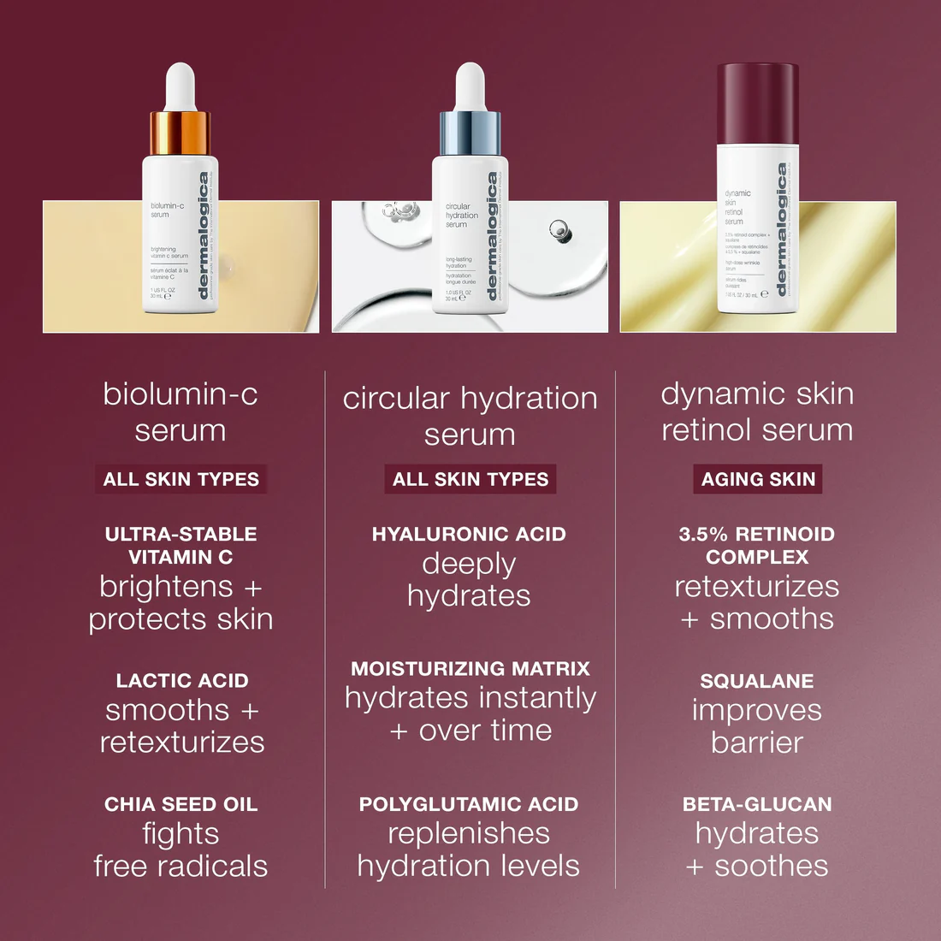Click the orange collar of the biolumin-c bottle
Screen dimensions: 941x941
point(180,133)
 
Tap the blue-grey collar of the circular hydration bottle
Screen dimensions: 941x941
point(470,133)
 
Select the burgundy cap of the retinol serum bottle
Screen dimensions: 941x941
point(757,103)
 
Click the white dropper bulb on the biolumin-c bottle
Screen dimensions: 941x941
point(180,86)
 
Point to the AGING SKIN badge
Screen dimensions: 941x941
point(758,479)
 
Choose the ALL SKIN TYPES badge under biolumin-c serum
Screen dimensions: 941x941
point(181,479)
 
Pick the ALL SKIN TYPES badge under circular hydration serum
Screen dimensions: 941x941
point(470,479)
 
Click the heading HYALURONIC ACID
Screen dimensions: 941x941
point(469,535)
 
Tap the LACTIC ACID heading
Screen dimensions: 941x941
point(182,681)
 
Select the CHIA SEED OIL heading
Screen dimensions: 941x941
point(181,804)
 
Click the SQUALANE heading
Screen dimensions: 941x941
point(757,681)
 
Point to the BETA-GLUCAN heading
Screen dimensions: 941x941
point(757,804)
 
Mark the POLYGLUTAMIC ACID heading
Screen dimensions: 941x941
point(469,804)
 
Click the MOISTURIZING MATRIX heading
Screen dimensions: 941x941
point(470,669)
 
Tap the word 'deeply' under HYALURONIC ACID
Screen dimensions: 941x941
point(469,565)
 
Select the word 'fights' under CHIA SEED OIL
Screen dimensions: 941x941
point(181,834)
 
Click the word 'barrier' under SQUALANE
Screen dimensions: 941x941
point(757,743)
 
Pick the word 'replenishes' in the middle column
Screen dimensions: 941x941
point(469,833)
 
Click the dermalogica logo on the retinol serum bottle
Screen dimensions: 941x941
point(781,229)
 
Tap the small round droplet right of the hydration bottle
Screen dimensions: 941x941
point(559,228)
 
